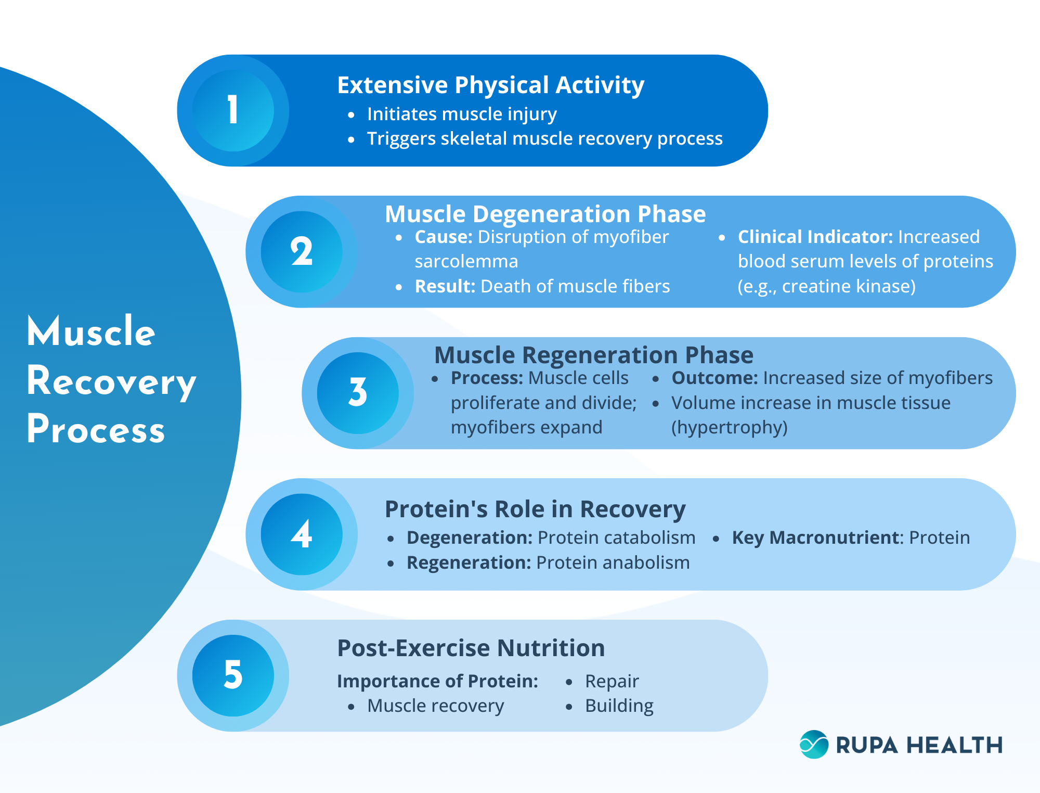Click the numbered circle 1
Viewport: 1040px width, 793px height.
[233, 110]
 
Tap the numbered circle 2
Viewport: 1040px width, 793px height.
[302, 252]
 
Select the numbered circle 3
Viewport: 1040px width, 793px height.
[358, 393]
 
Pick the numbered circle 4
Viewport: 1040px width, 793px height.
[302, 534]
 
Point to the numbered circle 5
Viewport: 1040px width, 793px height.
[233, 675]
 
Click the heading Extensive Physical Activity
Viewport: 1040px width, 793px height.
[490, 85]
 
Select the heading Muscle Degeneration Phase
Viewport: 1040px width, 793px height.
[545, 214]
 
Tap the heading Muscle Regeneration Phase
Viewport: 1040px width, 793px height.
[593, 355]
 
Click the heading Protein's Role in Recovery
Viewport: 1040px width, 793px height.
[535, 509]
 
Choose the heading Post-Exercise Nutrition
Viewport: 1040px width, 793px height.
[471, 648]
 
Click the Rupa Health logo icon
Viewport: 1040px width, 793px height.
[814, 745]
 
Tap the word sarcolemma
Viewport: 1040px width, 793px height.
[466, 262]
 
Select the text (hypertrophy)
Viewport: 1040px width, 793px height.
[729, 428]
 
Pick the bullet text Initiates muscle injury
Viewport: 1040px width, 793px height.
[462, 114]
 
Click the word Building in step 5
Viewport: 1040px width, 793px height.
[619, 706]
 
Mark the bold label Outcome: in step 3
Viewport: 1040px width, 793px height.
[714, 378]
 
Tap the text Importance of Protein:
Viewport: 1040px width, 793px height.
[437, 681]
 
